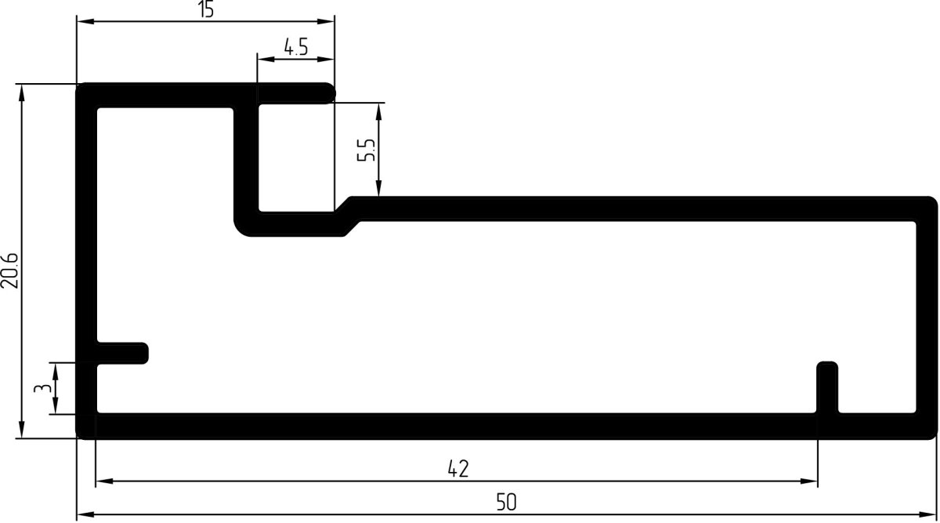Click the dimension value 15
pyautogui.click(x=206, y=9)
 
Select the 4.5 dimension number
pyautogui.click(x=296, y=46)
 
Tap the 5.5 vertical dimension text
pyautogui.click(x=366, y=150)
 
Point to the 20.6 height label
pyautogui.click(x=9, y=271)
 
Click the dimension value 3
pyautogui.click(x=42, y=387)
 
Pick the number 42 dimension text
pyautogui.click(x=457, y=469)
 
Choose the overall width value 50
pyautogui.click(x=507, y=502)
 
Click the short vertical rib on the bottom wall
pyautogui.click(x=827, y=387)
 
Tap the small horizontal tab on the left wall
pyautogui.click(x=122, y=354)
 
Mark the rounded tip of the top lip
pyautogui.click(x=331, y=93)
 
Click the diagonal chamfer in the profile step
pyautogui.click(x=349, y=216)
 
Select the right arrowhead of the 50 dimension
pyautogui.click(x=928, y=514)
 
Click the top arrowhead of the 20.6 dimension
pyautogui.click(x=22, y=93)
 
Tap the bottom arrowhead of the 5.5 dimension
pyautogui.click(x=378, y=187)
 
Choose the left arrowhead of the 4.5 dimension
pyautogui.click(x=266, y=59)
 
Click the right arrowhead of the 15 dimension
pyautogui.click(x=326, y=21)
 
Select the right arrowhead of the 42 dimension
pyautogui.click(x=808, y=481)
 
